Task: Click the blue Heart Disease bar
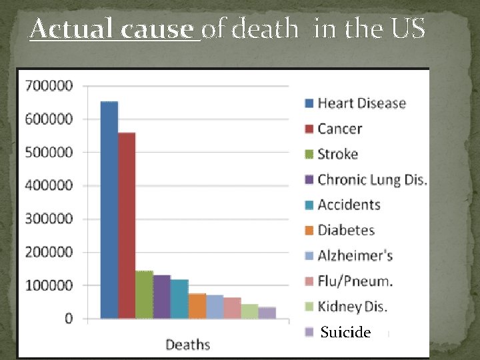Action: point(109,210)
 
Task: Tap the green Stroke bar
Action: point(144,295)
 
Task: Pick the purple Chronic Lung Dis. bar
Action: point(162,297)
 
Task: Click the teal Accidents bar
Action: point(179,299)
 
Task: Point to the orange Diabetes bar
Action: point(197,305)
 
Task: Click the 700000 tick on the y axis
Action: point(49,86)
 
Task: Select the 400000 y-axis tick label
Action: point(49,185)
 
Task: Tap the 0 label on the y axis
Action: point(69,319)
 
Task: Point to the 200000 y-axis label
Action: point(49,252)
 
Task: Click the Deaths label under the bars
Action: point(187,345)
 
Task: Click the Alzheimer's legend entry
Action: point(355,255)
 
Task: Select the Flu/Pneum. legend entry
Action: point(355,281)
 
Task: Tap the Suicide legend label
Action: point(345,332)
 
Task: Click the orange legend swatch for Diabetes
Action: point(309,231)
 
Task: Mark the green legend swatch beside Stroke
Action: point(309,155)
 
